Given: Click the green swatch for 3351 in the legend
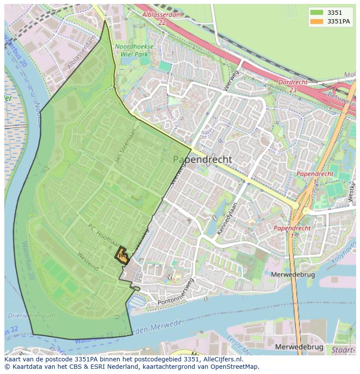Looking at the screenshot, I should pos(317,13).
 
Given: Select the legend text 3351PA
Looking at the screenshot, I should pos(339,21).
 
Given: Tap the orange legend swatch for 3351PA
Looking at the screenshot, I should pos(317,21).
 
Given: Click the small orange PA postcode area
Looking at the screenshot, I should pos(122,255).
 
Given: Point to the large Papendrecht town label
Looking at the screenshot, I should pos(203,159).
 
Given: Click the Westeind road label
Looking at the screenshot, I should pos(87,261).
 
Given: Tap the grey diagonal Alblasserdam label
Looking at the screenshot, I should pos(81,52).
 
